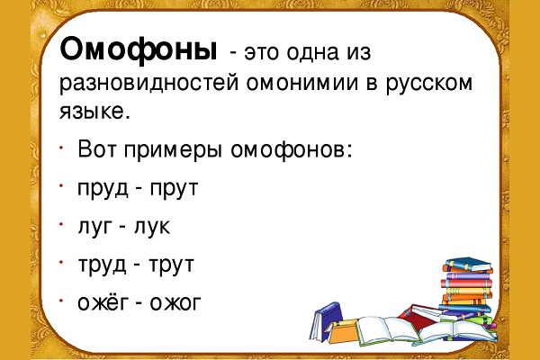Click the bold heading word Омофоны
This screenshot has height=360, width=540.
point(139,50)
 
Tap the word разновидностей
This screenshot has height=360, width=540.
point(148,83)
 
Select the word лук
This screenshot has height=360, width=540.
point(152,227)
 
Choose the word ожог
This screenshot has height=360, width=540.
point(175,303)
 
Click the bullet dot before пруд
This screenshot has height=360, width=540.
point(61,186)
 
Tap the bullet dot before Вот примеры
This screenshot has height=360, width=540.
point(61,148)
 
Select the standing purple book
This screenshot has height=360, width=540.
point(326,321)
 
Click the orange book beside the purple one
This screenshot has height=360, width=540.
point(342,331)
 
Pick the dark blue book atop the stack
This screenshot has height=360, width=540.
point(468,265)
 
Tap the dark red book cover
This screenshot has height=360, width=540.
point(418,314)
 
